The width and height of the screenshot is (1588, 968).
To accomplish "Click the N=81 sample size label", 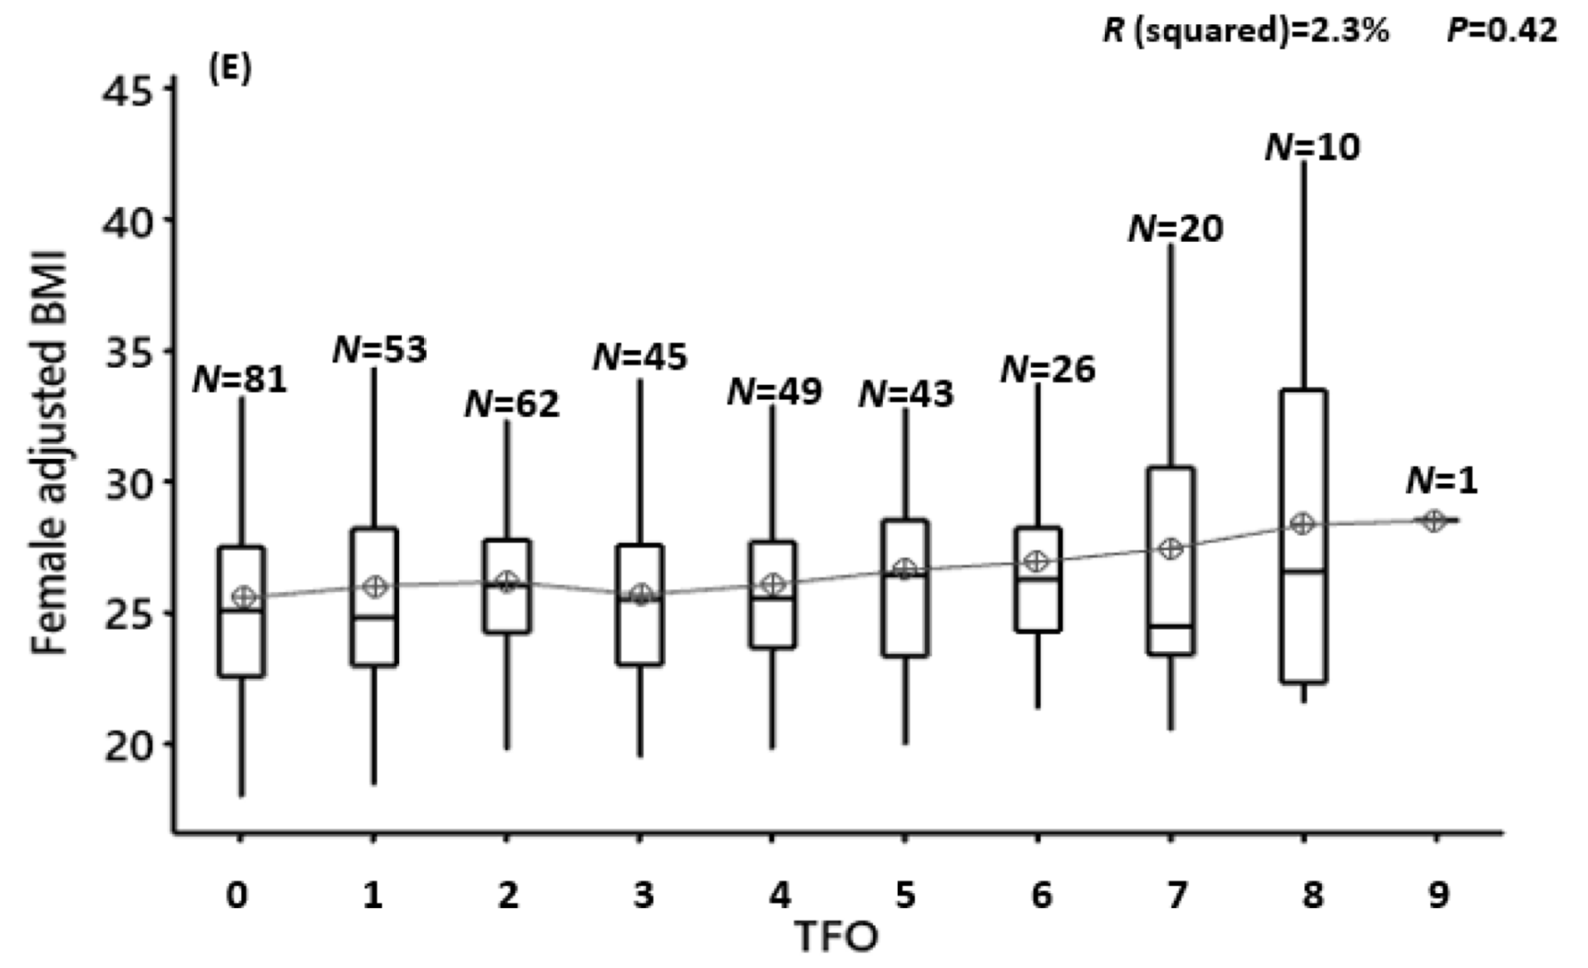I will click(x=240, y=379).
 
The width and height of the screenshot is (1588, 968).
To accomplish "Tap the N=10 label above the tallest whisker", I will click(x=1312, y=147).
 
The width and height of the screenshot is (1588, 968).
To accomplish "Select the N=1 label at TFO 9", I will click(x=1441, y=480).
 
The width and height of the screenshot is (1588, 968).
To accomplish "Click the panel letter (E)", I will click(x=230, y=70).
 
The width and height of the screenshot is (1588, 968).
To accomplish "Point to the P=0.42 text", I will click(x=1502, y=30).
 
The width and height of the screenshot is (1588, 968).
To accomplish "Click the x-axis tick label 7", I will click(x=1176, y=895).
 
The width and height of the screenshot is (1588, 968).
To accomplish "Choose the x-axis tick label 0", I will click(x=237, y=895).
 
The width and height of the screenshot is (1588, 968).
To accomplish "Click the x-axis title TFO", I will click(x=836, y=938).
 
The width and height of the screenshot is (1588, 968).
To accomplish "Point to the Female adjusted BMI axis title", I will click(x=50, y=453).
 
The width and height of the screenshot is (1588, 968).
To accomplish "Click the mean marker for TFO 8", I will click(x=1302, y=524).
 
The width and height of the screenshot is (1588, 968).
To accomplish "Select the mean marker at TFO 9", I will click(x=1434, y=521).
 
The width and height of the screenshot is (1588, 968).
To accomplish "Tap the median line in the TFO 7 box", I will click(x=1170, y=626).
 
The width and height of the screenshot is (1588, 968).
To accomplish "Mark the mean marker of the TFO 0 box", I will click(x=243, y=597).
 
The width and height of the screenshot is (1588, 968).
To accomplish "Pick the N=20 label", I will click(x=1175, y=228).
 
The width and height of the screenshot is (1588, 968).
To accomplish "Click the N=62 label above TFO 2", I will click(x=512, y=404).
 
